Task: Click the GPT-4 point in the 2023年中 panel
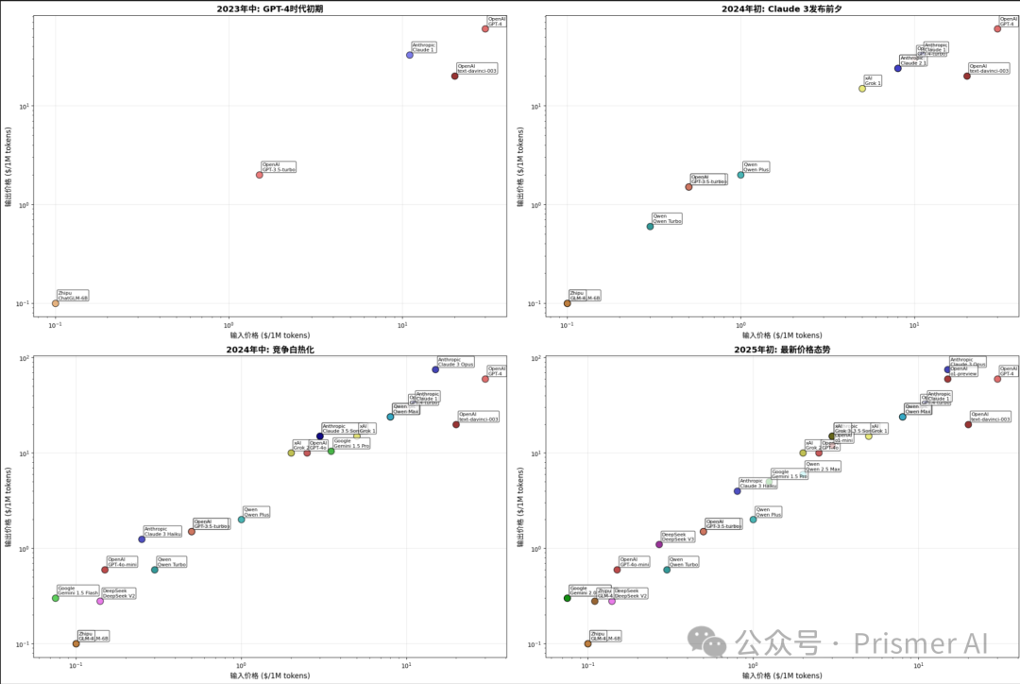[x=485, y=28]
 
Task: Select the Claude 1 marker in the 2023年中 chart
[x=410, y=55]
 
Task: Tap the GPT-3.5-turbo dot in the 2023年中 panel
[x=260, y=175]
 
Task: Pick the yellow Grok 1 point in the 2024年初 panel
[x=862, y=89]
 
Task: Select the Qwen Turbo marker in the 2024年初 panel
[x=650, y=227]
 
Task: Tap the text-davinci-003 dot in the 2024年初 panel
[x=967, y=76]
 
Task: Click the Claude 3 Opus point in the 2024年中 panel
[x=435, y=369]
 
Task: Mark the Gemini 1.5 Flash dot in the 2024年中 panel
[x=56, y=598]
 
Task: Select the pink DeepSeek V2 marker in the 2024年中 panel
[x=100, y=601]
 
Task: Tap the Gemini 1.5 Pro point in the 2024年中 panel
[x=331, y=452]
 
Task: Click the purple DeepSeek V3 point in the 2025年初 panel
[x=659, y=544]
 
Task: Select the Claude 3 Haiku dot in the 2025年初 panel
[x=738, y=491]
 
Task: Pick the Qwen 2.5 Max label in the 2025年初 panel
[x=823, y=467]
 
